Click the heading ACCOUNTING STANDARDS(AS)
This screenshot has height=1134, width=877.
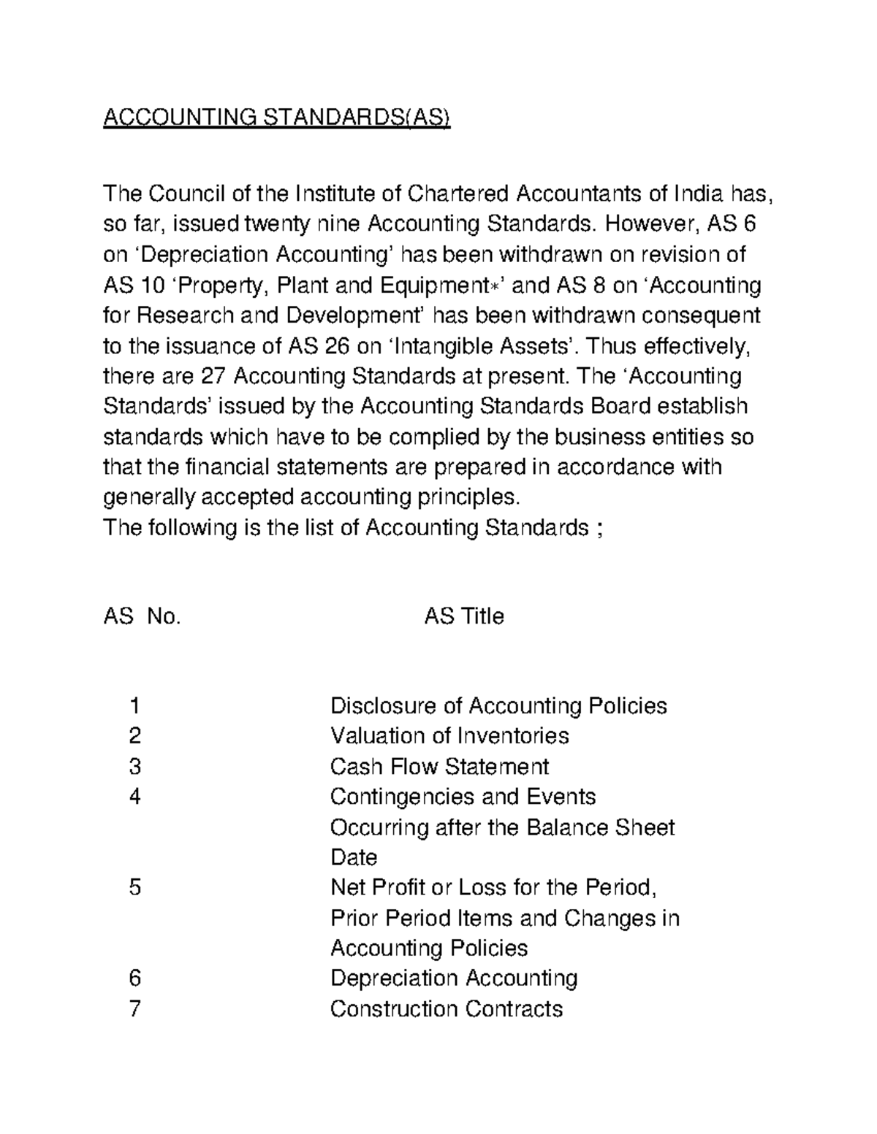point(277,117)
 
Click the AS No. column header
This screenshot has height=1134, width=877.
point(142,617)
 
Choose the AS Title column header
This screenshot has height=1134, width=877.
point(464,617)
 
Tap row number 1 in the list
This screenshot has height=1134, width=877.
point(134,706)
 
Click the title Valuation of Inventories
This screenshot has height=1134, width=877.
point(449,736)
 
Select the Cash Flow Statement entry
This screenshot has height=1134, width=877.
point(439,767)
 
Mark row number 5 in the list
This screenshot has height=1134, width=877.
point(134,888)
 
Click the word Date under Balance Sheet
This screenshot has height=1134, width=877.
point(354,857)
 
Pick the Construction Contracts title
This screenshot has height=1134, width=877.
point(447,1009)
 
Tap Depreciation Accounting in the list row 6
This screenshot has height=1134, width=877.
point(454,978)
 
